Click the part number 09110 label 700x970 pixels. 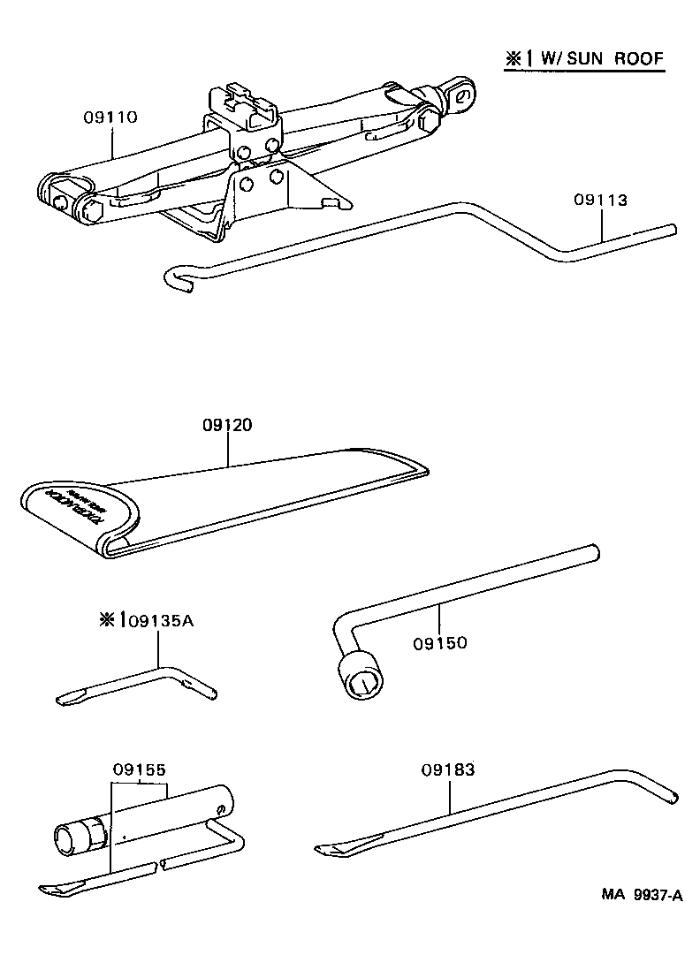coord(110,117)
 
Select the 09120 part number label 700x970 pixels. coord(227,425)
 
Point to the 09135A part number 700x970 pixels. coord(160,620)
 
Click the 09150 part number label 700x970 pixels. coord(439,642)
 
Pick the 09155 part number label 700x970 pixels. coord(139,769)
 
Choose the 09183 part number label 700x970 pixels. coord(448,769)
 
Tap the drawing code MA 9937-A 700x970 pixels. coord(642,895)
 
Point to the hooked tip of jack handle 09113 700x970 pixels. coord(172,278)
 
